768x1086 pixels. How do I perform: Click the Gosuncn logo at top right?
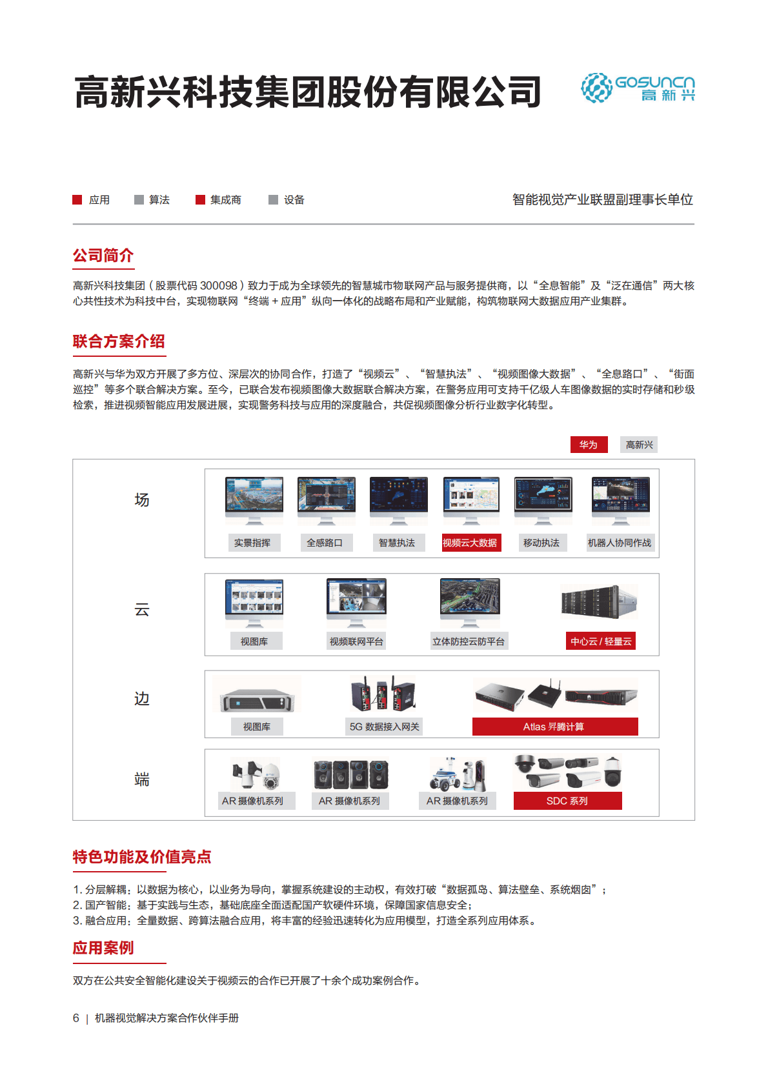pyautogui.click(x=638, y=88)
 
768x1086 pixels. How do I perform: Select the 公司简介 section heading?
pyautogui.click(x=103, y=256)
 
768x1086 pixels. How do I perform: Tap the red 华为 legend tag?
pyautogui.click(x=589, y=445)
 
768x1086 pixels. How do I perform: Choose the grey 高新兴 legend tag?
pyautogui.click(x=639, y=445)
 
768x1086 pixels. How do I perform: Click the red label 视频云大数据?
pyautogui.click(x=470, y=543)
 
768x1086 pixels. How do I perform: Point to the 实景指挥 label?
pyautogui.click(x=252, y=543)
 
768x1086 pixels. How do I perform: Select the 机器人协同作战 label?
pyautogui.click(x=620, y=543)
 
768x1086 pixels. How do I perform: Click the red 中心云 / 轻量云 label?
pyautogui.click(x=601, y=641)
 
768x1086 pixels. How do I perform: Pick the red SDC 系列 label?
pyautogui.click(x=567, y=801)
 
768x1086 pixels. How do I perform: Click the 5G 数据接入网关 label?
pyautogui.click(x=385, y=727)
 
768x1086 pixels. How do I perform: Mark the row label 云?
pyautogui.click(x=142, y=610)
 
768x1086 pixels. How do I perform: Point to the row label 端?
pyautogui.click(x=142, y=779)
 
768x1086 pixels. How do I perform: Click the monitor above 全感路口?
pyautogui.click(x=327, y=500)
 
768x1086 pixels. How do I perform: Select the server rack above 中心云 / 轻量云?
pyautogui.click(x=600, y=602)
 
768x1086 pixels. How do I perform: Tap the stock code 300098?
pyautogui.click(x=219, y=285)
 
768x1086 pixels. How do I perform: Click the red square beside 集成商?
pyautogui.click(x=200, y=200)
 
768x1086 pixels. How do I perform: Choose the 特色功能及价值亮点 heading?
pyautogui.click(x=142, y=857)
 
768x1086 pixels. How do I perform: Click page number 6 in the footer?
pyautogui.click(x=76, y=1018)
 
